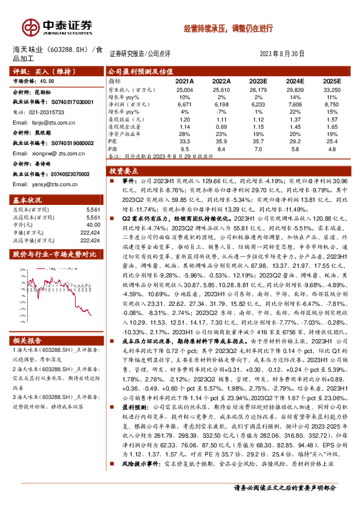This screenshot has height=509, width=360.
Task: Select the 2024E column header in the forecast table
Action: [295, 81]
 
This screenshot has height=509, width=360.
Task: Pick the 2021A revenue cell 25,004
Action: [185, 89]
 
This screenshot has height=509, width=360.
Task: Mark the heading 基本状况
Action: [28, 200]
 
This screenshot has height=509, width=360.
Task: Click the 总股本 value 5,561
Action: [93, 209]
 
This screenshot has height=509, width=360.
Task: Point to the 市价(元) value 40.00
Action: [93, 225]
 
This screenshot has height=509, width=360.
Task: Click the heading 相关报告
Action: [28, 341]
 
